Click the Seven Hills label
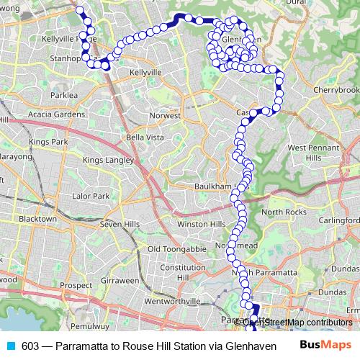click(x=120, y=225)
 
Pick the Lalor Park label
click(x=91, y=196)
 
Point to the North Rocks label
click(x=283, y=212)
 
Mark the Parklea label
click(x=64, y=94)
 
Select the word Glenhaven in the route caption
click(x=252, y=346)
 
